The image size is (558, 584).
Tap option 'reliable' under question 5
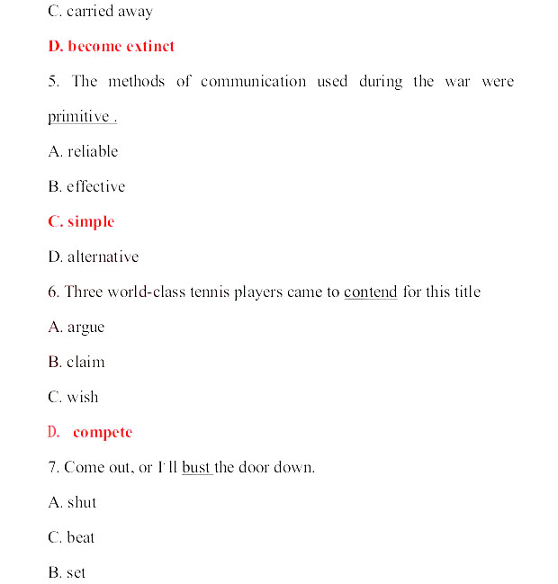point(92,151)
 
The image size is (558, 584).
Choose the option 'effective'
point(95,186)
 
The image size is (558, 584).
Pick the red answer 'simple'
point(91,221)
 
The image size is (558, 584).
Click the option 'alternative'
point(103,256)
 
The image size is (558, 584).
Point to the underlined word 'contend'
point(371,292)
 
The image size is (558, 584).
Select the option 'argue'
point(85,327)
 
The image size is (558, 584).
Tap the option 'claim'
point(85,362)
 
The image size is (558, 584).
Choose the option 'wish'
point(83,397)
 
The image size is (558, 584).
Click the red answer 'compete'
point(103,432)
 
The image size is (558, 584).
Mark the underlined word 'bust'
point(195,468)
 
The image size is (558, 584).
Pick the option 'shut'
point(82,502)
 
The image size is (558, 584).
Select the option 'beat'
point(81,537)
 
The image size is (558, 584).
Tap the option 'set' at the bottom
point(76,572)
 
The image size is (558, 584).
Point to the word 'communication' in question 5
point(253,81)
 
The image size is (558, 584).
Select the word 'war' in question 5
point(457,81)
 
